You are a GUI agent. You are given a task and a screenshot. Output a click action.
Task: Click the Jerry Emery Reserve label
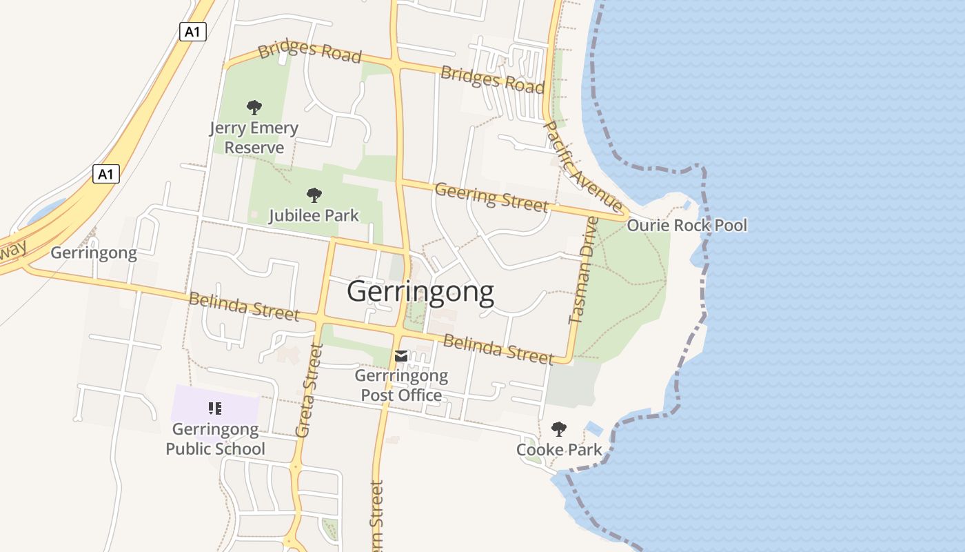(x=254, y=138)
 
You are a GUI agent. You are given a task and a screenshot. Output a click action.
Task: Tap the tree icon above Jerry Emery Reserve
(x=254, y=108)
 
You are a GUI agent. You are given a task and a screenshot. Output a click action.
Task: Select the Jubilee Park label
(x=314, y=215)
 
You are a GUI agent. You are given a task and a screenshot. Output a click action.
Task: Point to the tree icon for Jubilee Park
(x=314, y=195)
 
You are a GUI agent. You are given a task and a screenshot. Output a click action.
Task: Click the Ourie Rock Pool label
(x=687, y=226)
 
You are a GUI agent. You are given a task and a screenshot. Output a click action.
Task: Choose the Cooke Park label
(x=559, y=450)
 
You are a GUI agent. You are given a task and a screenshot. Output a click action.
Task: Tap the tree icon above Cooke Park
(x=559, y=429)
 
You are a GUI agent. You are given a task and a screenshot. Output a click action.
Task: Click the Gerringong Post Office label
(x=401, y=386)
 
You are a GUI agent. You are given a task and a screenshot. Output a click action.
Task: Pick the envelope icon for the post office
(x=401, y=356)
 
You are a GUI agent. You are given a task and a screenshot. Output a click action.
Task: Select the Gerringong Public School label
(x=215, y=439)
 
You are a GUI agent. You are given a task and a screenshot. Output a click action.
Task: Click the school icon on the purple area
(x=215, y=408)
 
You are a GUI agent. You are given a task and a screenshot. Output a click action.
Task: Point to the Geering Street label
(x=491, y=197)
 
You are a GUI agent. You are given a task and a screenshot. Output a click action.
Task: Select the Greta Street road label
(x=309, y=391)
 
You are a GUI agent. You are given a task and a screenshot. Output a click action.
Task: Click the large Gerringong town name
(x=420, y=293)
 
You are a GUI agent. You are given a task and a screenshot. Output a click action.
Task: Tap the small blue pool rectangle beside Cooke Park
(x=594, y=428)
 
